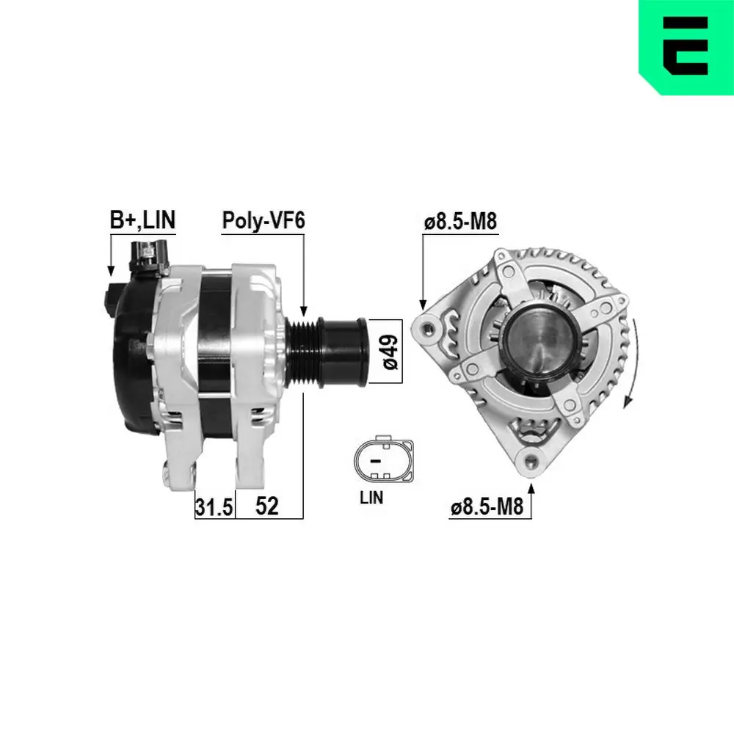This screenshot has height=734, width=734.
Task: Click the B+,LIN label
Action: tap(142, 219)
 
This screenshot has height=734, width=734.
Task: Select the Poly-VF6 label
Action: tap(263, 219)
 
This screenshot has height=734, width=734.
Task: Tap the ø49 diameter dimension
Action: tap(389, 352)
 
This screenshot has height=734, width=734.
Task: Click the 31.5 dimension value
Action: tap(214, 506)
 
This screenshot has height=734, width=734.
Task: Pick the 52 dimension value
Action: tap(267, 506)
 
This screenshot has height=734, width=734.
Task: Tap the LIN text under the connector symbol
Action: tap(371, 497)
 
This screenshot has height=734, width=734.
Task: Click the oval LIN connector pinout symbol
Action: tap(382, 461)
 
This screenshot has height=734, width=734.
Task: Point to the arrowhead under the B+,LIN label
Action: tap(110, 272)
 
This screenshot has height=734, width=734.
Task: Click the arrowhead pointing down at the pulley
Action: tap(303, 311)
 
